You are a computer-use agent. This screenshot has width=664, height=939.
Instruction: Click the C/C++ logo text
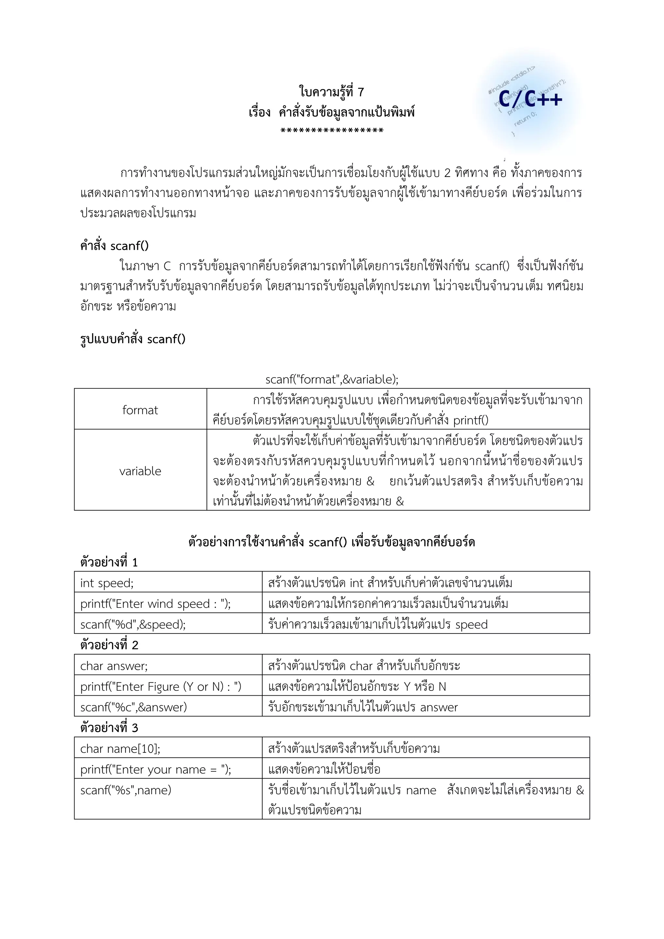[x=531, y=99]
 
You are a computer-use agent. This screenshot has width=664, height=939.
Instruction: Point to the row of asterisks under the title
[x=332, y=131]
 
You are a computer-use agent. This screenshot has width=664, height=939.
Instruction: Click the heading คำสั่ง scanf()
[x=114, y=246]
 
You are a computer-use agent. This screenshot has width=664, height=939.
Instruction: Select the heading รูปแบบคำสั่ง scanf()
[x=133, y=339]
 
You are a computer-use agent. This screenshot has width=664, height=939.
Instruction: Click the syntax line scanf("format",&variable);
[x=332, y=379]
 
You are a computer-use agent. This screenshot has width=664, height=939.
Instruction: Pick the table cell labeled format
[x=140, y=410]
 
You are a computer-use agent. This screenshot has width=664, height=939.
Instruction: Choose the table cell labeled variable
[x=140, y=471]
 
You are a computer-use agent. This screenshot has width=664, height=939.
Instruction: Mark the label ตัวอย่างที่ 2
[x=109, y=645]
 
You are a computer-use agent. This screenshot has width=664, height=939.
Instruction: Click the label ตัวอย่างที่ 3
[x=109, y=728]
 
